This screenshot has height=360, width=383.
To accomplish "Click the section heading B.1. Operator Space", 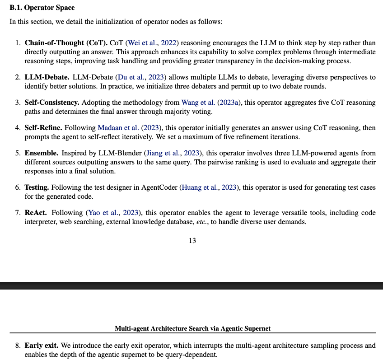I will (42, 8).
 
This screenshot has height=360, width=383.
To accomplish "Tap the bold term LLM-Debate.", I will (47, 77).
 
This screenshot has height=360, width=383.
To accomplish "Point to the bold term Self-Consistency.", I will (52, 103).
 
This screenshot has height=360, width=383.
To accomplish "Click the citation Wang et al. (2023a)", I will (211, 103).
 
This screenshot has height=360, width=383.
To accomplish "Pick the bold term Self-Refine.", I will (44, 128).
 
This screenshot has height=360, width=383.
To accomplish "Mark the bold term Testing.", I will (37, 187).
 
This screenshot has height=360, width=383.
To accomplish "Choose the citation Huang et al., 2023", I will (209, 187).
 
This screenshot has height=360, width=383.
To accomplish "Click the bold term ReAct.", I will (36, 212).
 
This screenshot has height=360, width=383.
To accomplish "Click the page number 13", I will (192, 240).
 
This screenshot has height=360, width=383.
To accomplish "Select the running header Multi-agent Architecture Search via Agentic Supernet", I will (192, 328).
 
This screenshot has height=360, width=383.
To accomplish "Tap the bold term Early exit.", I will (41, 346).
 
